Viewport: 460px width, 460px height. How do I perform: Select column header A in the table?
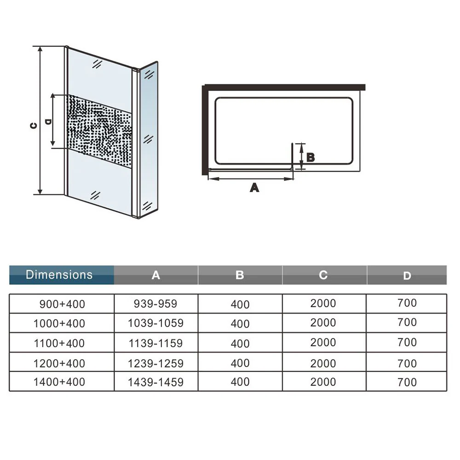[156, 275]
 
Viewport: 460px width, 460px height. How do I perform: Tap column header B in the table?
[240, 275]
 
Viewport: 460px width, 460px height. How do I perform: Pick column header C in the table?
[323, 275]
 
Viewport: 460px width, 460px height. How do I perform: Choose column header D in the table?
[407, 276]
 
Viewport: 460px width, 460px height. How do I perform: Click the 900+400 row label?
[62, 304]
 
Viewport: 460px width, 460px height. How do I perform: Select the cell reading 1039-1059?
[156, 323]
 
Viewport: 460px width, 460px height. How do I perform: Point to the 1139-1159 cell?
[156, 343]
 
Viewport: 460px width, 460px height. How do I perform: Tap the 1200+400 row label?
[59, 363]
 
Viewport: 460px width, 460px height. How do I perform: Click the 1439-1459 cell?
[156, 382]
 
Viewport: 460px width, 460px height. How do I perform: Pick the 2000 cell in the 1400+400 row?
[323, 382]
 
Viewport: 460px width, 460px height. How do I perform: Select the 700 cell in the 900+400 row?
[407, 303]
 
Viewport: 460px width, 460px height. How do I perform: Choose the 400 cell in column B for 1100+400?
[240, 343]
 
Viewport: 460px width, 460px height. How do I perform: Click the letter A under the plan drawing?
[254, 188]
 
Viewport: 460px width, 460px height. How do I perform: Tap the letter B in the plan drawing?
[310, 157]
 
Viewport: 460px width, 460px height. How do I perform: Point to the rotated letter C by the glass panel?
[34, 126]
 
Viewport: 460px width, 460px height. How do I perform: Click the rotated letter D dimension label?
[48, 121]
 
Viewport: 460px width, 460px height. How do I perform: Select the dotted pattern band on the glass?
[99, 131]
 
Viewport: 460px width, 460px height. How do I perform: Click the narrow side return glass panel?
[149, 140]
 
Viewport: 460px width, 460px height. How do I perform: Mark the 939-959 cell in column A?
[155, 304]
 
